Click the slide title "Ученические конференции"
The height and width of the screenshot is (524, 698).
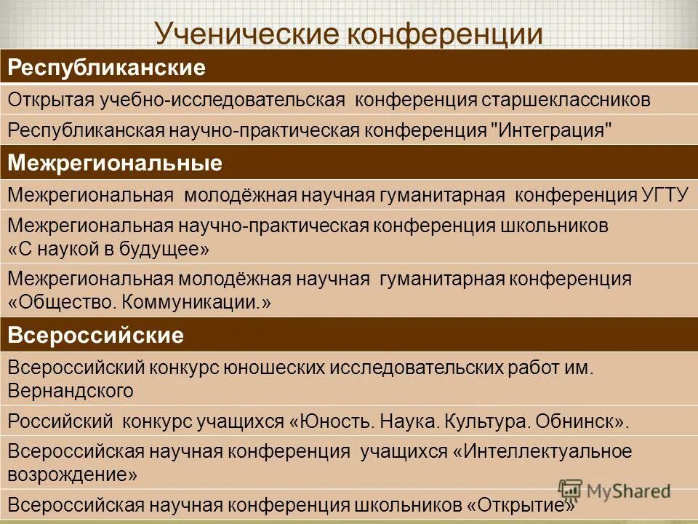click(349, 34)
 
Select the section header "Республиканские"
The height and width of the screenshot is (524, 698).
click(106, 68)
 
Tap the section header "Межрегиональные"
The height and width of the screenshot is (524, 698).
click(115, 163)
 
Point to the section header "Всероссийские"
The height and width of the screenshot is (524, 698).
click(95, 336)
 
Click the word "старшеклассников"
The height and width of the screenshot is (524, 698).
click(565, 100)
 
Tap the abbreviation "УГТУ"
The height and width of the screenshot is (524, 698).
click(665, 196)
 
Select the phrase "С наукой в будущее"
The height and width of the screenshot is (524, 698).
click(109, 249)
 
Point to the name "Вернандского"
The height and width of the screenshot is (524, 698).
click(71, 391)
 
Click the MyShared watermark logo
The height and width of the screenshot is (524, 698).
click(614, 490)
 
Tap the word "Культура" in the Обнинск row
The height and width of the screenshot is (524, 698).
click(481, 421)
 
